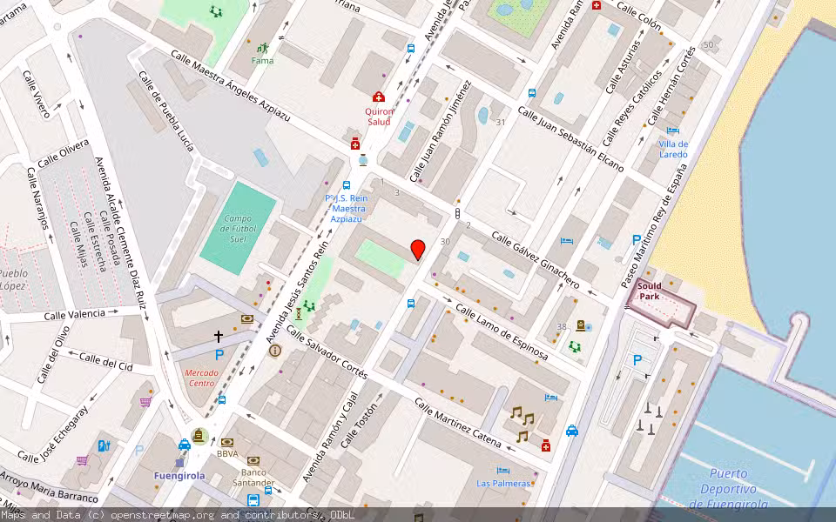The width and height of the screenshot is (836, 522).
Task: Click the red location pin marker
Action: pos(418,250)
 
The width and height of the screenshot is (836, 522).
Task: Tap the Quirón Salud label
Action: pos(379,117)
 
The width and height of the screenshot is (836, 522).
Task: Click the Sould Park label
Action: pos(650,291)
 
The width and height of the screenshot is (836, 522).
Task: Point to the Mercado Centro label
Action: pos(201,378)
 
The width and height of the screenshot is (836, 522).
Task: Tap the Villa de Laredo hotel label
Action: pos(673,149)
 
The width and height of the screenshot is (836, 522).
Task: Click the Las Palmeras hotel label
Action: pos(503,483)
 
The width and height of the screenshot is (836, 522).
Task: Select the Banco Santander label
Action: pos(253,477)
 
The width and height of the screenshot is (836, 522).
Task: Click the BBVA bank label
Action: pos(228,453)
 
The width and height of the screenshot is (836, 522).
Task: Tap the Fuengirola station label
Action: pos(179,476)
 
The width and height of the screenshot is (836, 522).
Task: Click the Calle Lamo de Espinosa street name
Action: pos(502,331)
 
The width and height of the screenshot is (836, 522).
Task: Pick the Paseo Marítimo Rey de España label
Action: pos(659,226)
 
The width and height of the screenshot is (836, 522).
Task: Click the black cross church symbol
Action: pos(219,336)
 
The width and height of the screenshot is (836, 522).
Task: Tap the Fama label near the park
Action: pos(262,61)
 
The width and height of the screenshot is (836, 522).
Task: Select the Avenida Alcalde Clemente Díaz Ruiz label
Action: pos(119,232)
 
